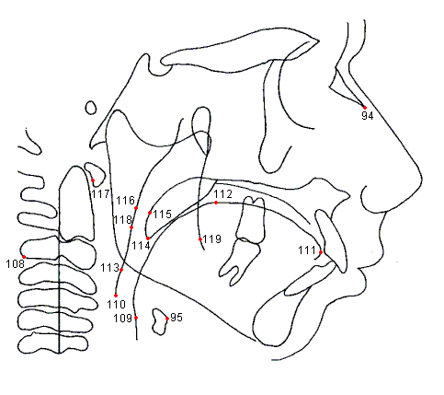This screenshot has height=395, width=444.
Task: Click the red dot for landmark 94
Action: point(365,108)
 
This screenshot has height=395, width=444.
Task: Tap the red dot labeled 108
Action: point(24,257)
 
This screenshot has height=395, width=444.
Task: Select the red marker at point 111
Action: point(321,252)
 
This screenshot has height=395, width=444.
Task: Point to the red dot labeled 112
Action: point(216,203)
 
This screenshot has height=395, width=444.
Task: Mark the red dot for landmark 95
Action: point(167,319)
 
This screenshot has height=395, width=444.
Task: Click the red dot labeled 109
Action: point(136,318)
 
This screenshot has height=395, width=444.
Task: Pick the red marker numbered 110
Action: point(116,296)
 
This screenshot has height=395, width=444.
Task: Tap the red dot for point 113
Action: point(121,270)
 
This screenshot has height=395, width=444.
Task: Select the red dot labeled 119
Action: point(200,239)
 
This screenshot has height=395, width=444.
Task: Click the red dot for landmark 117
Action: point(93,180)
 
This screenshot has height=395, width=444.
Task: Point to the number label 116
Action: point(125,201)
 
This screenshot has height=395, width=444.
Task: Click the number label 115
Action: point(163,214)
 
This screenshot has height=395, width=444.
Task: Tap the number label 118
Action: point(123,220)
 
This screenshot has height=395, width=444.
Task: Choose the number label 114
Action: point(141,246)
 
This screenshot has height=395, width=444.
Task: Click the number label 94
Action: point(368,116)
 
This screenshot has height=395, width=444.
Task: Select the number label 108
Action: point(15,263)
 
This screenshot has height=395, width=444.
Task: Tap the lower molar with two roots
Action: point(241,261)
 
